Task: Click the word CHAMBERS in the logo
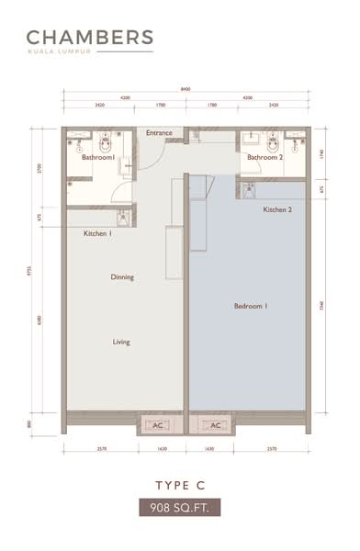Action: tap(89, 38)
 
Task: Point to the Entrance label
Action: tap(159, 133)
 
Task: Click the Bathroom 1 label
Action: tap(97, 158)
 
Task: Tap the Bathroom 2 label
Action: tap(264, 158)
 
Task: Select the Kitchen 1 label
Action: tap(97, 234)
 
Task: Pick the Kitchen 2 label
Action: tap(277, 210)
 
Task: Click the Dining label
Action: tap(122, 276)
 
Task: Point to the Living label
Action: tap(121, 342)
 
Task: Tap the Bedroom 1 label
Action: tap(250, 306)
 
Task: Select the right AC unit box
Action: tap(216, 425)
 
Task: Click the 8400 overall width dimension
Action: tap(186, 89)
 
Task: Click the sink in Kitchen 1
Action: tap(123, 218)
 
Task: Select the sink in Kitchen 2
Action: tap(248, 189)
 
